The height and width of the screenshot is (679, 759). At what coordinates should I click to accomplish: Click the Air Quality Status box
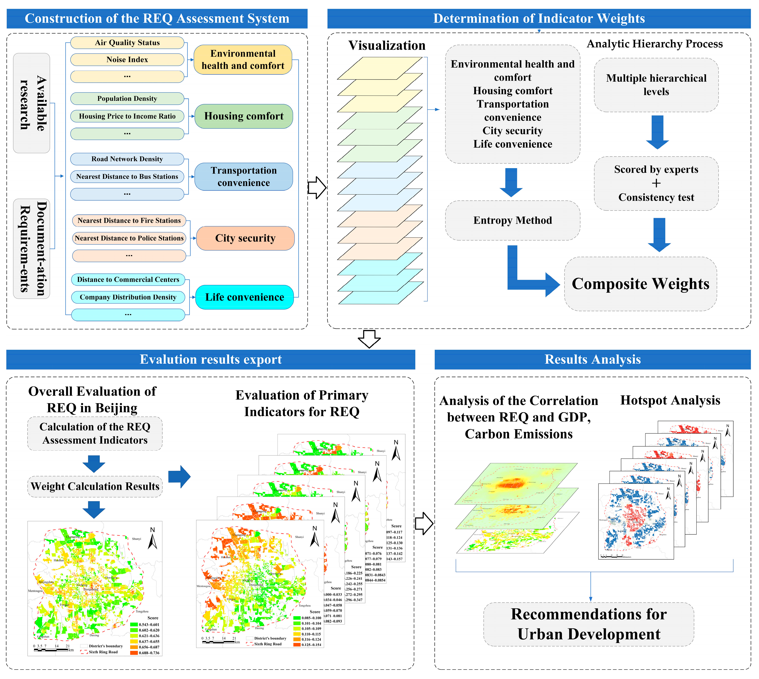coord(127,43)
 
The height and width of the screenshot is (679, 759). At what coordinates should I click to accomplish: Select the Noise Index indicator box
coord(127,60)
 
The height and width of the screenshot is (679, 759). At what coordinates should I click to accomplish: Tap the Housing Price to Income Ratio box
coord(127,116)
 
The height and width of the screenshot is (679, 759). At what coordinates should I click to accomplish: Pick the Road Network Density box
coord(127,159)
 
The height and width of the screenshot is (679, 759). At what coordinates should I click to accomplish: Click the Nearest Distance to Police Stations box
coord(129,238)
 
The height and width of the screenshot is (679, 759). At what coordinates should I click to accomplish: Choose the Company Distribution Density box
coord(128,297)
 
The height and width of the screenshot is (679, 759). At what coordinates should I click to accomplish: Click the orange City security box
coord(245,238)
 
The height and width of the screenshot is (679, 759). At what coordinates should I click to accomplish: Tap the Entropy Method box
coord(512,220)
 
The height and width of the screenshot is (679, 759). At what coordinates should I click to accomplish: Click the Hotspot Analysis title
coord(670,400)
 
